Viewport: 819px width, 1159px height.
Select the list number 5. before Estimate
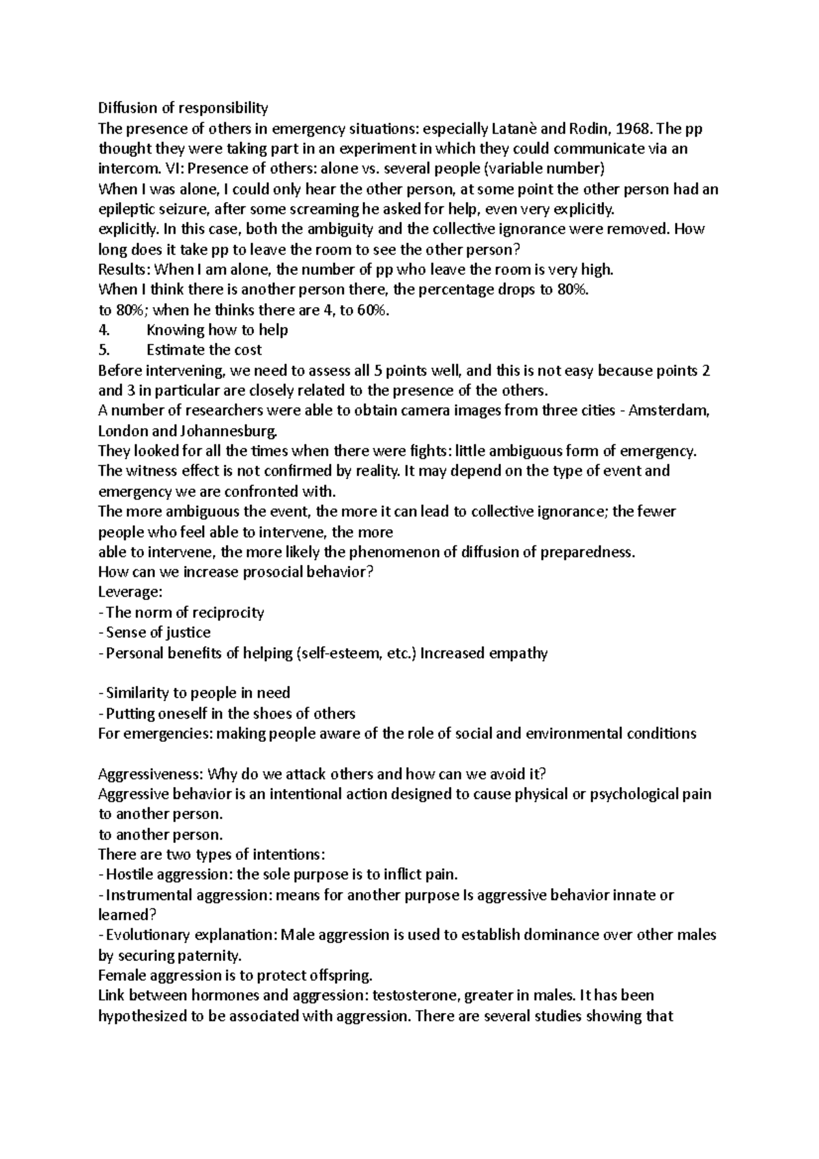(104, 350)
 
